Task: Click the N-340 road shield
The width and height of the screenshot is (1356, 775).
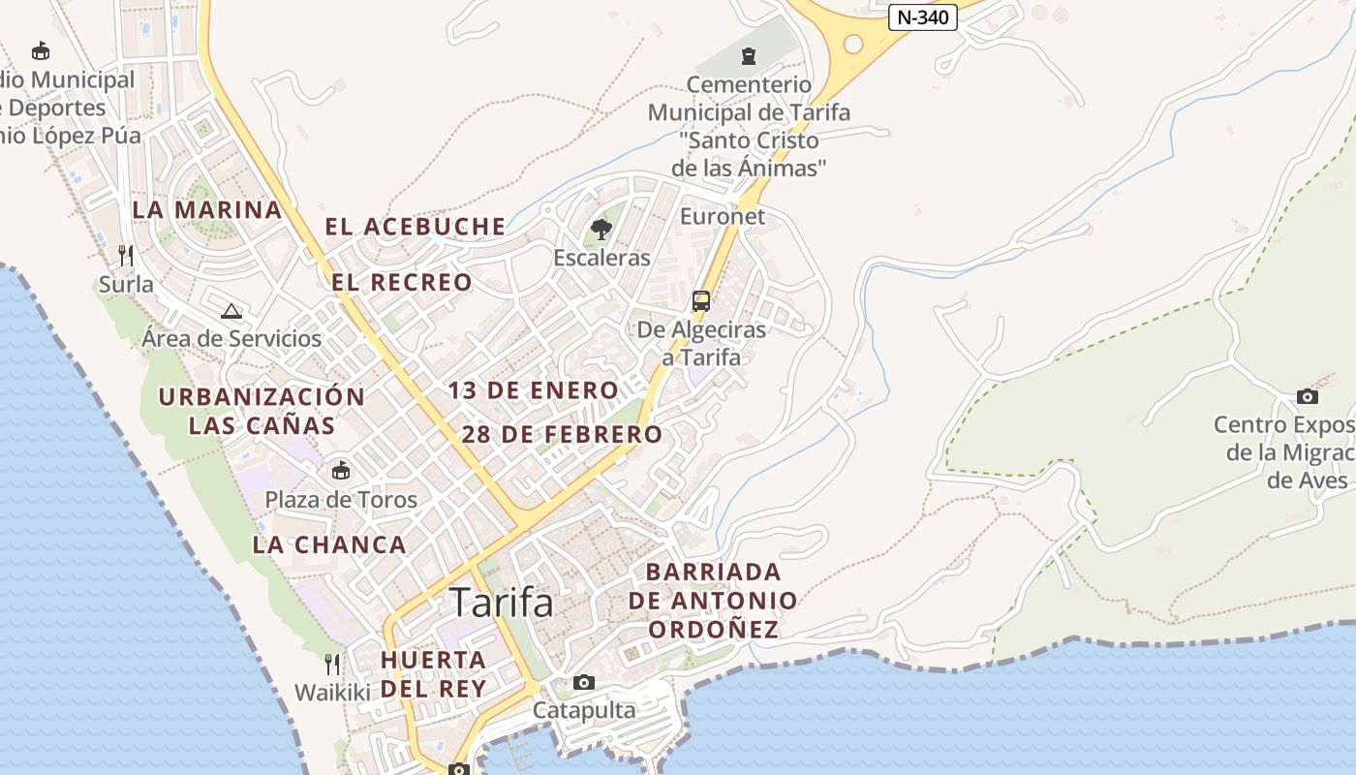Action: [922, 17]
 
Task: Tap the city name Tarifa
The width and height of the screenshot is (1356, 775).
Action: [502, 603]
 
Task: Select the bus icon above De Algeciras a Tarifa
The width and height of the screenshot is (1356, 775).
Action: [701, 300]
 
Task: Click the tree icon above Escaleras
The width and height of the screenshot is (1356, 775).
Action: [601, 230]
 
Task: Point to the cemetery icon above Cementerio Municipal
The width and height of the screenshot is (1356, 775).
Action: [749, 55]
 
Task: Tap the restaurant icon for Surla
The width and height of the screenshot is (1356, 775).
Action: [126, 256]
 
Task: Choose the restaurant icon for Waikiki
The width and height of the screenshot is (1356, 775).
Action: [332, 665]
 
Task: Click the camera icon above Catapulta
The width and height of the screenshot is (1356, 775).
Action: [583, 682]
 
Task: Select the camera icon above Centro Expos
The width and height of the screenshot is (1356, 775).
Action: [1307, 396]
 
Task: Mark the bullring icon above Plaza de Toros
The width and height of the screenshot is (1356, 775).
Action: [341, 471]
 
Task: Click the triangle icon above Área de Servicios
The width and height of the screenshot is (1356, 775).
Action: [231, 311]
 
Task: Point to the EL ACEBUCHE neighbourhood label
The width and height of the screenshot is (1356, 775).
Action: [415, 228]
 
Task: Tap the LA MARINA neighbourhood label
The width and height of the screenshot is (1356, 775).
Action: [207, 210]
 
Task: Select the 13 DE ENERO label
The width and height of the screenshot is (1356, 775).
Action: [533, 391]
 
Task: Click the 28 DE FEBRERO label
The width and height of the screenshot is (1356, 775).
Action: [562, 435]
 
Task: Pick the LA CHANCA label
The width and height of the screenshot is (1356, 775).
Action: [329, 545]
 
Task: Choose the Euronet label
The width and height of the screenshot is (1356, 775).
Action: [723, 216]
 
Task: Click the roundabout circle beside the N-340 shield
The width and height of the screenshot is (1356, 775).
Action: [852, 44]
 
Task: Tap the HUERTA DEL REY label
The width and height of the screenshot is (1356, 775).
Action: [433, 674]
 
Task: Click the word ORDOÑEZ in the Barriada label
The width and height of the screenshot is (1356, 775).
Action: [713, 630]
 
